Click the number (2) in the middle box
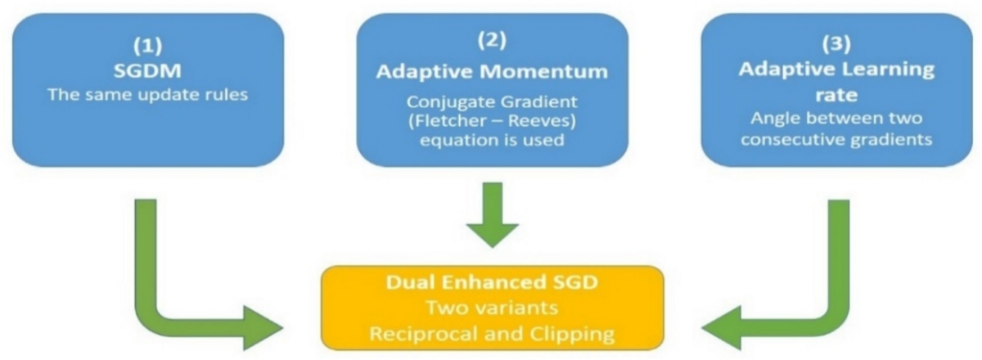pyautogui.click(x=492, y=41)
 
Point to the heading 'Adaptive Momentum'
pyautogui.click(x=492, y=70)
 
